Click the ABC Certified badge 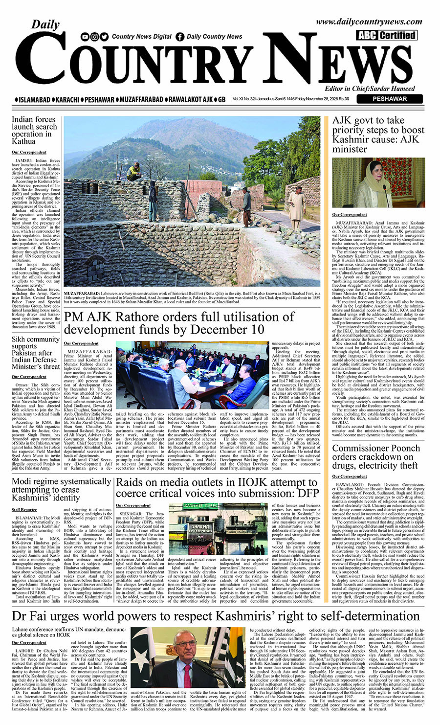click(x=387, y=35)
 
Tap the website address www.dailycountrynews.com click(x=369, y=22)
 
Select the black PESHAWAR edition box click(x=389, y=99)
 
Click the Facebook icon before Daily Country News click(x=180, y=37)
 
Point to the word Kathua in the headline click(x=24, y=141)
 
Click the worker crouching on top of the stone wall click(x=132, y=171)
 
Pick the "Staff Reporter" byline click(x=24, y=510)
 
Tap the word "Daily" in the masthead click(x=46, y=24)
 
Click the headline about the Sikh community click(x=36, y=353)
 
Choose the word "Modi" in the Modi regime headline click(x=22, y=482)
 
